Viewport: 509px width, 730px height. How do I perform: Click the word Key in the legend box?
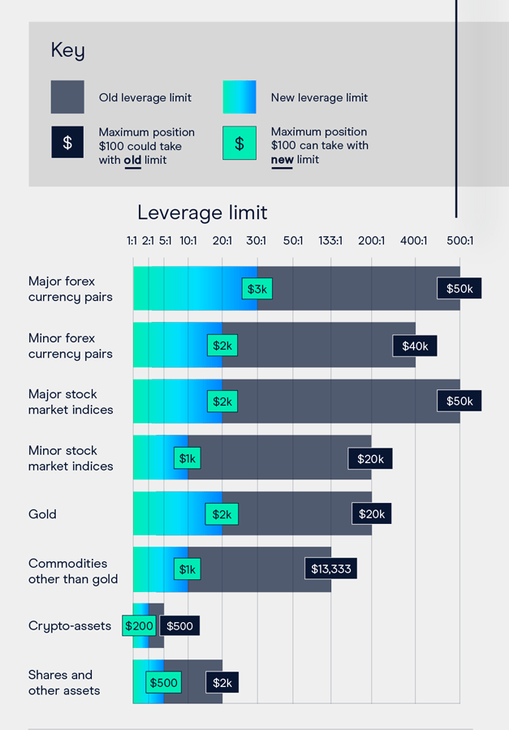[x=67, y=50]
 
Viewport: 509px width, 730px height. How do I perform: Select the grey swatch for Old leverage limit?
[x=67, y=97]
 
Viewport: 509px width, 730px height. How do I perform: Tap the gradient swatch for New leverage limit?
[x=239, y=97]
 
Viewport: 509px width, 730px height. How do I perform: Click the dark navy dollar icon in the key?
[x=67, y=143]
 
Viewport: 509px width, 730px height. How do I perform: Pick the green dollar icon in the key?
[x=239, y=143]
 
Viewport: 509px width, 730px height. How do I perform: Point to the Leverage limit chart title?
[x=202, y=213]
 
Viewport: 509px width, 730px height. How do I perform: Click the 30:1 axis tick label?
[x=257, y=241]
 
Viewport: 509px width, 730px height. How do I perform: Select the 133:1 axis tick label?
[x=330, y=241]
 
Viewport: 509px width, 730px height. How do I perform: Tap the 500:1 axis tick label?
[x=459, y=241]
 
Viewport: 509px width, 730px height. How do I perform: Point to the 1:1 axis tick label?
[x=132, y=241]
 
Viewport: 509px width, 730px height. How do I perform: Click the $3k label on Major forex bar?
[x=257, y=289]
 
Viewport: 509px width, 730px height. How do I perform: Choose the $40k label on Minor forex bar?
[x=416, y=346]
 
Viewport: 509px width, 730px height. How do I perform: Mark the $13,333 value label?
[x=331, y=569]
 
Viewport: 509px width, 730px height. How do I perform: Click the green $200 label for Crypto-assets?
[x=139, y=625]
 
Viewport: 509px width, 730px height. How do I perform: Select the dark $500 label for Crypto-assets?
[x=179, y=625]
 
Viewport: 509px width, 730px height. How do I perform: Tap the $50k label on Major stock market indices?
[x=459, y=401]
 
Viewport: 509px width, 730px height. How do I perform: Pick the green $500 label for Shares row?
[x=164, y=683]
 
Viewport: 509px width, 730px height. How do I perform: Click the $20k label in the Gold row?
[x=372, y=513]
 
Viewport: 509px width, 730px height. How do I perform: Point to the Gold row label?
[x=42, y=514]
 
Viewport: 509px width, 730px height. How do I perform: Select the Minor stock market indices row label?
[x=71, y=458]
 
